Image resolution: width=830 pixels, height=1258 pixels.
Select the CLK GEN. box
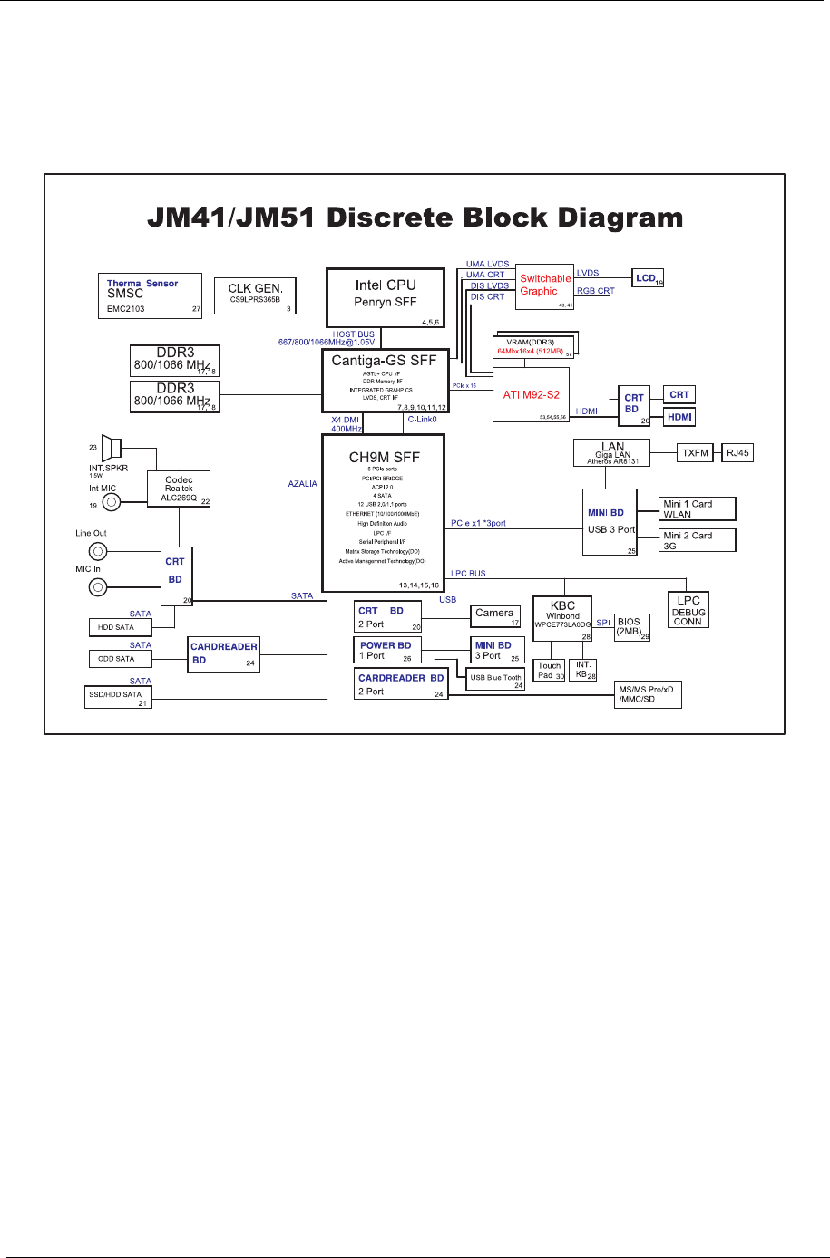pos(255,295)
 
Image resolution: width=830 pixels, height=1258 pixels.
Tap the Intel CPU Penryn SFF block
pos(385,297)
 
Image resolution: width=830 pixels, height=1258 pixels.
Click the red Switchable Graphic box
pos(545,285)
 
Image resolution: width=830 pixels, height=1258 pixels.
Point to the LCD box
pos(648,278)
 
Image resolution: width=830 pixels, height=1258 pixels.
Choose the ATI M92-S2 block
pos(531,394)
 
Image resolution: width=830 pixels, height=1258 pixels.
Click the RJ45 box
pos(737,453)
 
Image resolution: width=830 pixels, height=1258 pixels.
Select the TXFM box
pos(695,453)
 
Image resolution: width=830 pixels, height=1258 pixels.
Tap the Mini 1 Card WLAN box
pos(697,508)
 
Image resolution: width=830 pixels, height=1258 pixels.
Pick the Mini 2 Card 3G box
pos(697,540)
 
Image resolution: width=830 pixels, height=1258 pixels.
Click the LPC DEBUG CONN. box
pos(688,611)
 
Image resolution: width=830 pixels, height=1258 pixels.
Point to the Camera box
pos(495,616)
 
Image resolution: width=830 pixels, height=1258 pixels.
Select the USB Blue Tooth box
pos(496,679)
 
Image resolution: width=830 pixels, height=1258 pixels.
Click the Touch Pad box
pos(550,671)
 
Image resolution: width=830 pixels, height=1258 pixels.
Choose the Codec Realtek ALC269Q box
pos(179,489)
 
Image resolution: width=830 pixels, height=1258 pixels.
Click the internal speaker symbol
pos(112,448)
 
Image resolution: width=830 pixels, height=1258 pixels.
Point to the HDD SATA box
pos(119,627)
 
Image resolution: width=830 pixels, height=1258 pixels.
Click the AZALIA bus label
pos(303,484)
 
